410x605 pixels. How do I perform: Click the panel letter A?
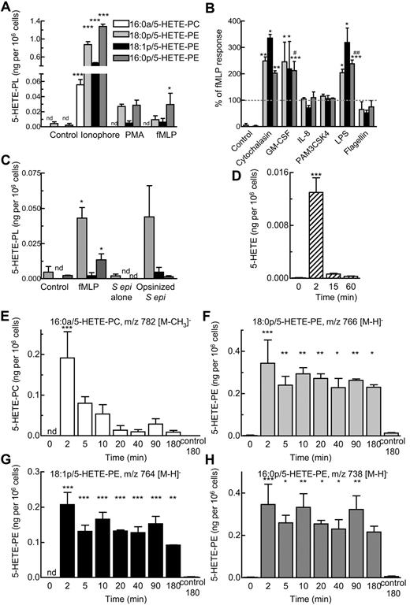tap(6, 7)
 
